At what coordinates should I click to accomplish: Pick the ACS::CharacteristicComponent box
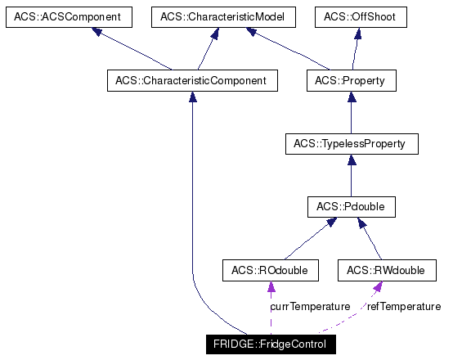191,81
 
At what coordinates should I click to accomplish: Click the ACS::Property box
351,81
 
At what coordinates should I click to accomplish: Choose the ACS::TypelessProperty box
351,145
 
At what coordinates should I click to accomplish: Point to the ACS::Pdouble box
351,208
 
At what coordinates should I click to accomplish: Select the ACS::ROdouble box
271,270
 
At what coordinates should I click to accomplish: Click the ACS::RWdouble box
386,270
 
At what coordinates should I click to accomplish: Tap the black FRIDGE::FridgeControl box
270,344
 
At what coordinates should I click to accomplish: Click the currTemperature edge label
310,306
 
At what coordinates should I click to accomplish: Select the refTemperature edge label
403,306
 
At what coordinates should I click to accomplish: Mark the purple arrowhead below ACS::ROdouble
271,286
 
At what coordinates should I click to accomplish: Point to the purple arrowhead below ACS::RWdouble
378,286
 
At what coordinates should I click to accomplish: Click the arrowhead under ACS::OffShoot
357,34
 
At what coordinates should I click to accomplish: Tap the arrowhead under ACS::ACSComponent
97,33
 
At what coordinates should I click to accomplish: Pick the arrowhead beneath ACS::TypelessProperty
351,161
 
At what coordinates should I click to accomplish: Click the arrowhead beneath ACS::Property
351,97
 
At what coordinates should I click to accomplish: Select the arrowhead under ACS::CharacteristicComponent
191,97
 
